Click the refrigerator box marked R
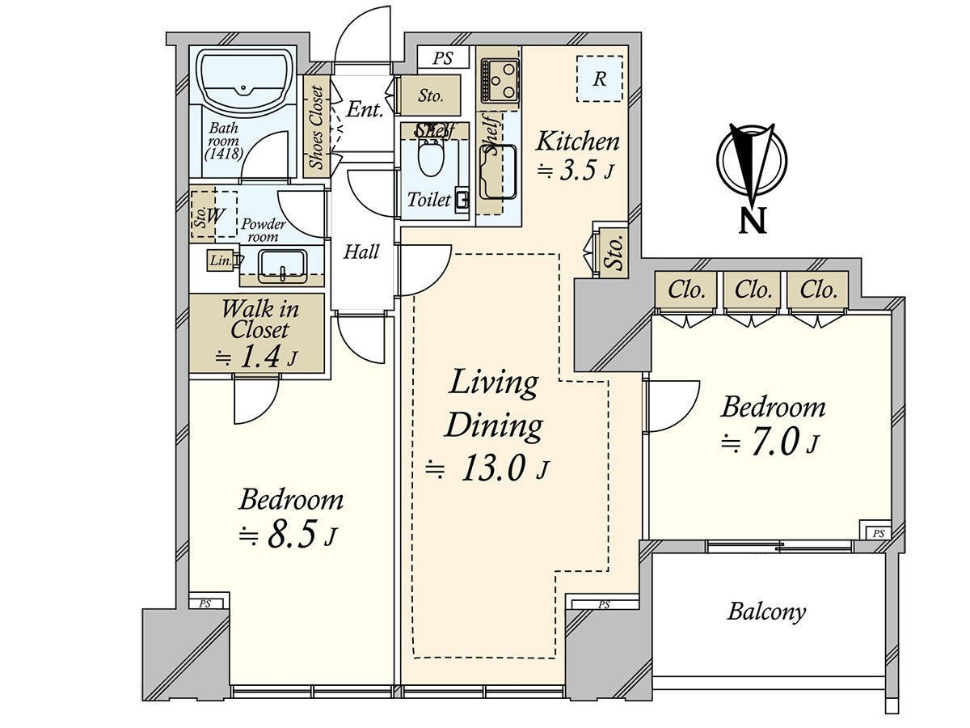[599, 79]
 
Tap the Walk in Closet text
[260, 320]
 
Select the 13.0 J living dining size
[488, 468]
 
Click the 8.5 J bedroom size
[288, 535]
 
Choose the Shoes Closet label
[317, 127]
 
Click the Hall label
[361, 252]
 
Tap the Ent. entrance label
[364, 109]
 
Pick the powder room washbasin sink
[283, 266]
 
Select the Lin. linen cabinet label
[221, 260]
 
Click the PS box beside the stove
[443, 58]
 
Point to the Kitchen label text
[578, 142]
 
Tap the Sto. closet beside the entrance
[430, 96]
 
